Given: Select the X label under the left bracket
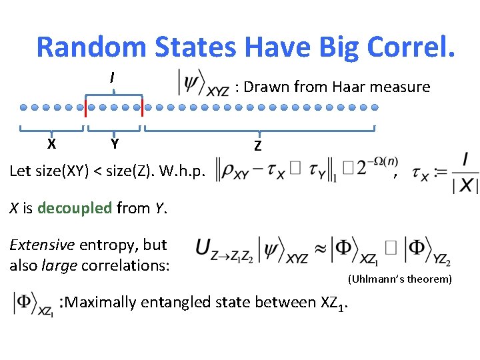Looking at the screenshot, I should pyautogui.click(x=52, y=143).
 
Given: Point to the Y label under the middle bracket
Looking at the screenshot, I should pyautogui.click(x=115, y=143).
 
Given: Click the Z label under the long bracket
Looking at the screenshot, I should pyautogui.click(x=258, y=146).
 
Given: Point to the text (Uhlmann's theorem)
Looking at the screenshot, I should pyautogui.click(x=399, y=279).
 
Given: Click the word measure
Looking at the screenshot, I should pyautogui.click(x=403, y=87).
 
